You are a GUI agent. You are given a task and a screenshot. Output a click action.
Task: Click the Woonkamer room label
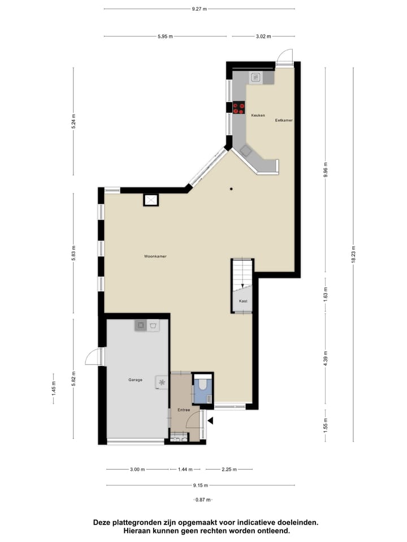click(x=155, y=256)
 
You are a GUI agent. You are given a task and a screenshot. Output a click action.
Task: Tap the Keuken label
click(x=258, y=115)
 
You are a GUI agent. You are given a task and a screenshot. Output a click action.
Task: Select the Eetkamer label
click(x=284, y=120)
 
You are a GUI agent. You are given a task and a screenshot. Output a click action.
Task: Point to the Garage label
click(x=135, y=380)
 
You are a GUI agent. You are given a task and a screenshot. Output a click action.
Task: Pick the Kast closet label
click(x=243, y=301)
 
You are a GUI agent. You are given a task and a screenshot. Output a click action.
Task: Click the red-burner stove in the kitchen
click(x=239, y=107)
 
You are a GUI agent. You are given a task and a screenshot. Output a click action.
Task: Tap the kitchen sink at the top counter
click(x=256, y=77)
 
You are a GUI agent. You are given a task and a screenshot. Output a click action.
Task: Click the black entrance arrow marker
click(x=211, y=420)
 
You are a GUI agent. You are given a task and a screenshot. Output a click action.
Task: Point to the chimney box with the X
click(x=151, y=200)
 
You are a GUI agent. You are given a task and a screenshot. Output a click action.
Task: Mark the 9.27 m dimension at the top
click(x=199, y=8)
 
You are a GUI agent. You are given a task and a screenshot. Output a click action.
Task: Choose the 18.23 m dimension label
click(x=353, y=254)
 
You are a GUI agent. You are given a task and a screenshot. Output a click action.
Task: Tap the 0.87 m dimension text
click(x=202, y=500)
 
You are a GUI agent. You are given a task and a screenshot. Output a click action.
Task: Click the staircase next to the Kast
click(x=242, y=274)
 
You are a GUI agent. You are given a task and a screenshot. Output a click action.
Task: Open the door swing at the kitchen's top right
click(x=285, y=57)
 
